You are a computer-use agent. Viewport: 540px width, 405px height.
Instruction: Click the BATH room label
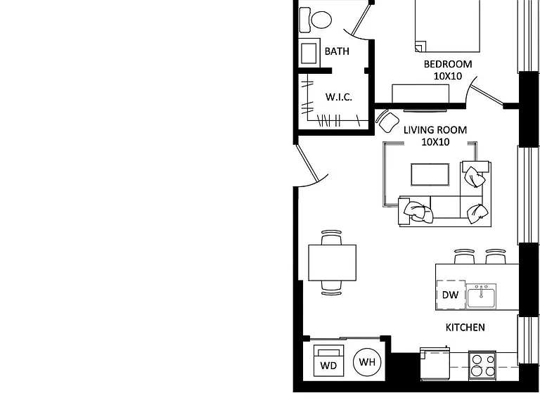[337, 51]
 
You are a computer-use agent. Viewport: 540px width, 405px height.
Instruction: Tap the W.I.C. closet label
[338, 97]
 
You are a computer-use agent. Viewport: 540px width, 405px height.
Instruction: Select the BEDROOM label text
[448, 64]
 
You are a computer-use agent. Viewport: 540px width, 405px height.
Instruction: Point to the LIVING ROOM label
[435, 130]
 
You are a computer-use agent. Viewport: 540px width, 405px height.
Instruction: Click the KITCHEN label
[465, 327]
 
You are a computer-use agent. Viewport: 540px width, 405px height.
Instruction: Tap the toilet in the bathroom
[316, 20]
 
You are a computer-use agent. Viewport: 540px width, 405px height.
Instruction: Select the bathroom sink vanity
[309, 53]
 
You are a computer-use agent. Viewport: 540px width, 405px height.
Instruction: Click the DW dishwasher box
[451, 295]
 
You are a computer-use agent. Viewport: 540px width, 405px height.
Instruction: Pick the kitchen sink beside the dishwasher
[481, 296]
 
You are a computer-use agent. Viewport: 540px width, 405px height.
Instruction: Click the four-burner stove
[482, 366]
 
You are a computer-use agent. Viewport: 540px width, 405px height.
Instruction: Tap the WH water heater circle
[367, 362]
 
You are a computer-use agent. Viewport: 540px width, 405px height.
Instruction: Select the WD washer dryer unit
[328, 361]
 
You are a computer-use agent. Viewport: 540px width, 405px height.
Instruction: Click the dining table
[333, 263]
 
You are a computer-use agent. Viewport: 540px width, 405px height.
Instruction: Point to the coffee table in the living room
[430, 174]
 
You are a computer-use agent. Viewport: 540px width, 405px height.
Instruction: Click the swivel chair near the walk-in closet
[387, 121]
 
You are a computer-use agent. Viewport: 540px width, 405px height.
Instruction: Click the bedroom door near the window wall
[484, 90]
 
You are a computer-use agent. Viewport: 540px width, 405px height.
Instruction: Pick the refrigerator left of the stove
[435, 364]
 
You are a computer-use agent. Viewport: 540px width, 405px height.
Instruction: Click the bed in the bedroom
[447, 26]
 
